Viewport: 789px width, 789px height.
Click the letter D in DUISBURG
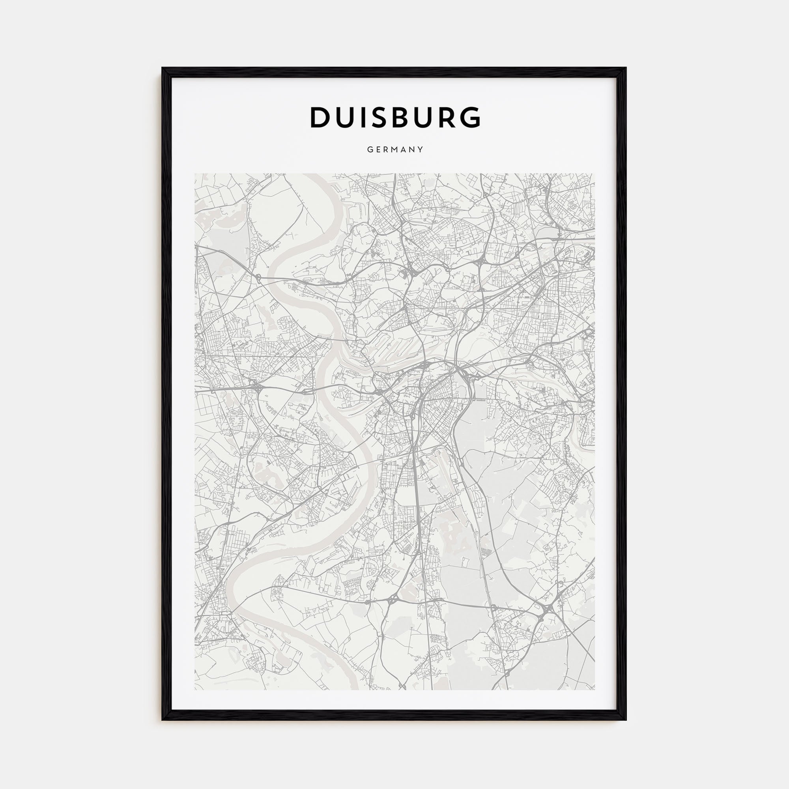point(321,117)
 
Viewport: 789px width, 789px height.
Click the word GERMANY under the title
point(395,150)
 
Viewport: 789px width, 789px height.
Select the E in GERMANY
point(378,150)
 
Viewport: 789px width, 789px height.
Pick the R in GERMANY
point(386,150)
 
